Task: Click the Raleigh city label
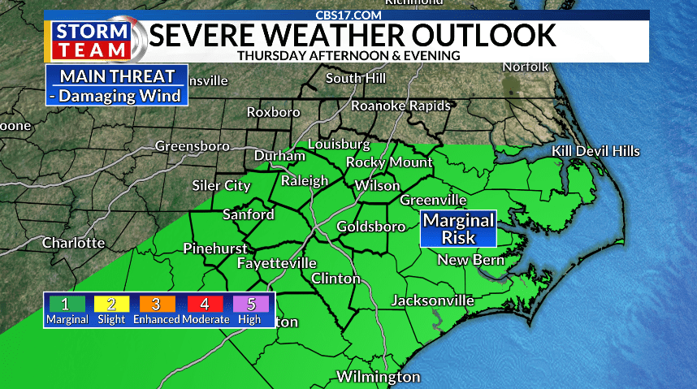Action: [x=305, y=181]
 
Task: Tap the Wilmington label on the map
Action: [x=379, y=377]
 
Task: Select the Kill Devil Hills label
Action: [x=595, y=152]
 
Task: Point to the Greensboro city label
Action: [x=192, y=147]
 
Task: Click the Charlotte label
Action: [x=73, y=243]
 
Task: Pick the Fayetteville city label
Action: [x=277, y=264]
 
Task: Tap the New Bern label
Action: [x=471, y=260]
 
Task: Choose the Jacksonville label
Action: [x=432, y=300]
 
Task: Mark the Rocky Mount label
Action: [x=389, y=162]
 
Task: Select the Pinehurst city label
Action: [x=213, y=249]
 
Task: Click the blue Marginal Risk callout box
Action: [x=458, y=229]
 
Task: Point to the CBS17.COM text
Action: [x=348, y=15]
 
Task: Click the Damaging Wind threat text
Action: [x=118, y=95]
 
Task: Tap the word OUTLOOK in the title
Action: [x=485, y=35]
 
